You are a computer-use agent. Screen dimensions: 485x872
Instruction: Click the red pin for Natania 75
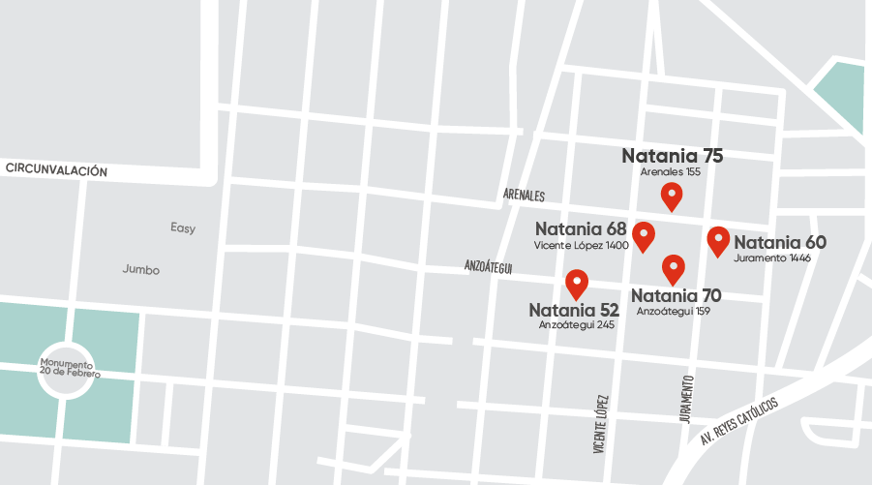(x=672, y=196)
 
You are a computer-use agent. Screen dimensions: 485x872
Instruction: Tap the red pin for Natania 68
(x=643, y=234)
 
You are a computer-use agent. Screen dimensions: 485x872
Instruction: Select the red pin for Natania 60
(x=718, y=239)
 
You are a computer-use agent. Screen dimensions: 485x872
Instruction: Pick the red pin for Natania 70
(x=673, y=268)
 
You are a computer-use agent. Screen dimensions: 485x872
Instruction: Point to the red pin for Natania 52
(x=577, y=283)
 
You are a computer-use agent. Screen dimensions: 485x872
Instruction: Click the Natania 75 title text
(x=672, y=156)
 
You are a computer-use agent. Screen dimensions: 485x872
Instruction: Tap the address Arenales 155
(x=670, y=172)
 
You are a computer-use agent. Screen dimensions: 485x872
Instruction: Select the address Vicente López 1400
(x=581, y=246)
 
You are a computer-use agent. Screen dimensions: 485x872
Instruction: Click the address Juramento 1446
(x=772, y=258)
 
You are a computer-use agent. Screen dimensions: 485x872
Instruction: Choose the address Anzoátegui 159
(x=674, y=312)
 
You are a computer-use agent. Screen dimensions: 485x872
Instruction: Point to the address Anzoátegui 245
(x=577, y=325)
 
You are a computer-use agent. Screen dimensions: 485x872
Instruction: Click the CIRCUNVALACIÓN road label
(x=56, y=169)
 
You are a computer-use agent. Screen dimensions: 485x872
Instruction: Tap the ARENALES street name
(x=524, y=196)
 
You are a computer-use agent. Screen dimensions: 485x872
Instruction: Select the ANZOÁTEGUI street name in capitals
(x=488, y=266)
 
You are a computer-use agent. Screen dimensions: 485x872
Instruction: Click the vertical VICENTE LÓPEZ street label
(x=601, y=424)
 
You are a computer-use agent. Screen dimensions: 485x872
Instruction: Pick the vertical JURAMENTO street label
(x=686, y=398)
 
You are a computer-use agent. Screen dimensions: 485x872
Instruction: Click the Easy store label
(x=183, y=228)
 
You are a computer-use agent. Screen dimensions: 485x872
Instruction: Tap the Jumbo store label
(x=141, y=270)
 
